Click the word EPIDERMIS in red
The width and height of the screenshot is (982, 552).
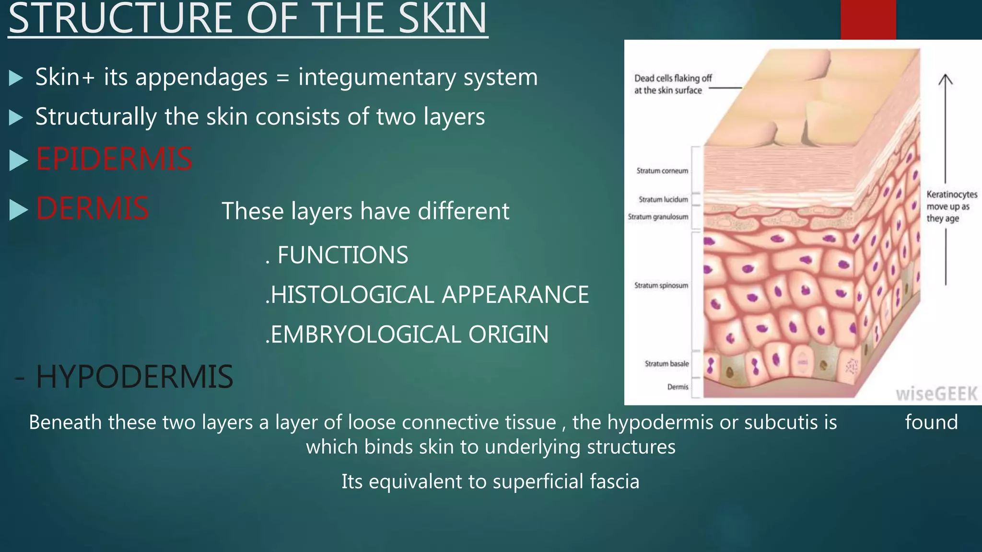coord(114,159)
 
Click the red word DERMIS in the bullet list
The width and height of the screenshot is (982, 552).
coord(92,208)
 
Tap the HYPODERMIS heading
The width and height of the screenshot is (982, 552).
coord(134,377)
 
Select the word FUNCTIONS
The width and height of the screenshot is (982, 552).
coord(343,255)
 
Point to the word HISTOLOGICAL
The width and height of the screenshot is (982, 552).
coord(352,295)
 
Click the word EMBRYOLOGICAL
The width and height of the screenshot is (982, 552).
coord(365,334)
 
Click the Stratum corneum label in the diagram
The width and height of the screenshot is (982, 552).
coord(662,171)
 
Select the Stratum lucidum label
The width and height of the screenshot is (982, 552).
coord(663,199)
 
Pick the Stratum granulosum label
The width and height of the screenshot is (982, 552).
coord(658,217)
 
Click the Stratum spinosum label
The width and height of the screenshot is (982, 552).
coord(661,286)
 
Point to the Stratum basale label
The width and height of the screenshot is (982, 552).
coord(666,364)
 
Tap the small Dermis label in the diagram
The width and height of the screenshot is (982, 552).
coord(678,387)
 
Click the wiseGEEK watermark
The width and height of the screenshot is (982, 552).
coord(936,394)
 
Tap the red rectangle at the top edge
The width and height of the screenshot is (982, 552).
coord(868,19)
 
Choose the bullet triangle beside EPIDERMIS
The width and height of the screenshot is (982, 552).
coord(18,160)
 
